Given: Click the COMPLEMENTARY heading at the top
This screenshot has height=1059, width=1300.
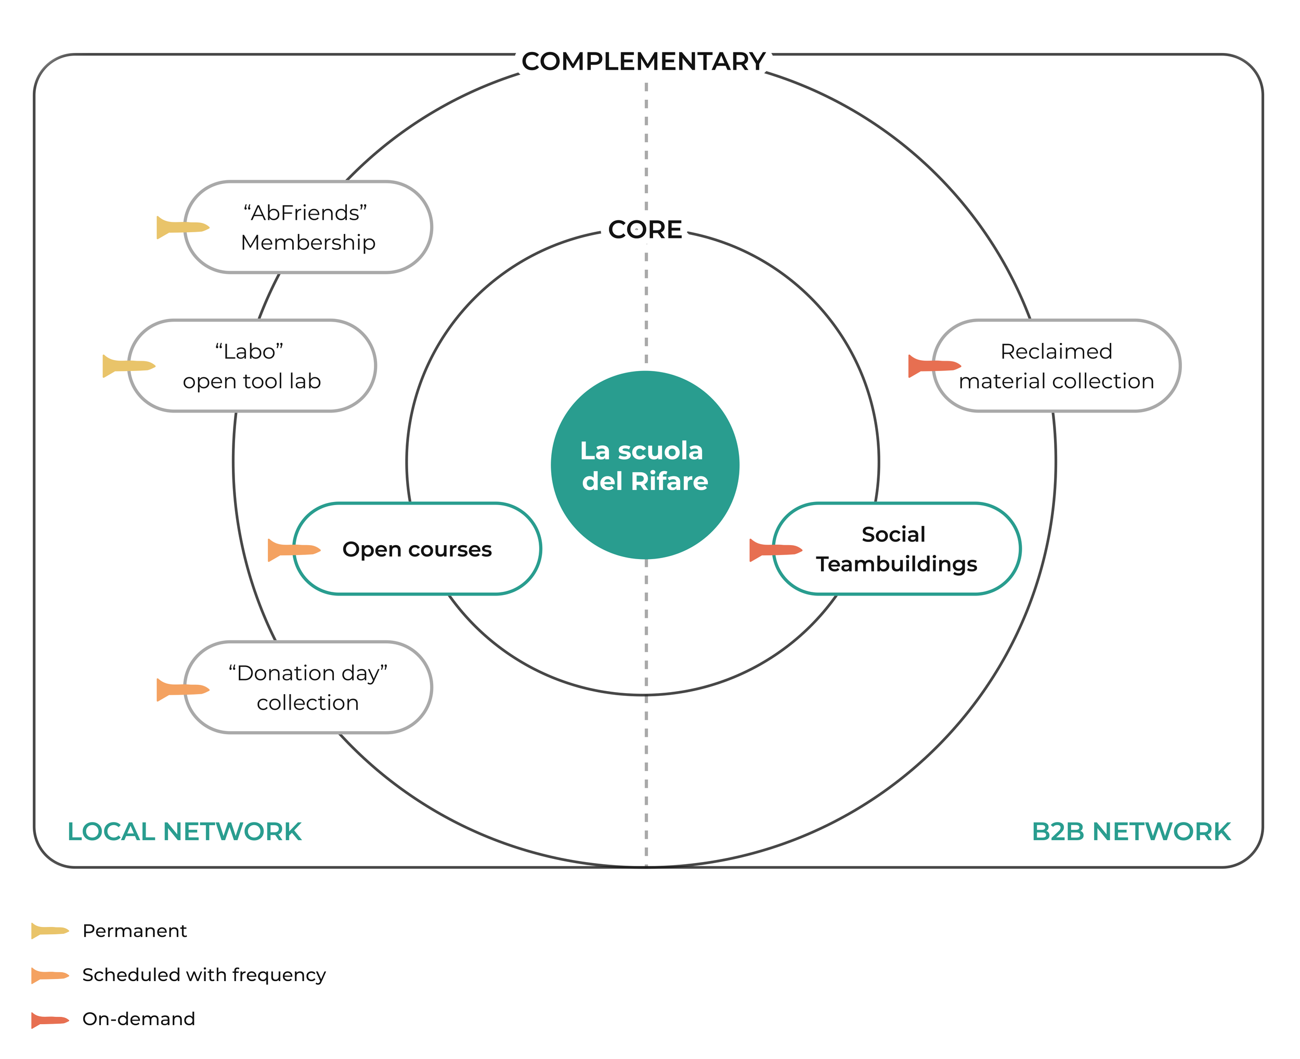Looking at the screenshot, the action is coord(643,62).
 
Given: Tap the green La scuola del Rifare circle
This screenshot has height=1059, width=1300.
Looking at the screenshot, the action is coord(645,465).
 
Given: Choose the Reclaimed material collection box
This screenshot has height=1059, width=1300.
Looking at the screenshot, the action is coord(1057,366).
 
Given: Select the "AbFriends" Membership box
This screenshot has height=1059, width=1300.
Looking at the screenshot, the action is coord(308,227).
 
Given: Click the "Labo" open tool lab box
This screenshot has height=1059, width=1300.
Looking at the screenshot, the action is coord(252,366).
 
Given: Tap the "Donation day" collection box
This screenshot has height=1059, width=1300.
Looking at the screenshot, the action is coord(308,687).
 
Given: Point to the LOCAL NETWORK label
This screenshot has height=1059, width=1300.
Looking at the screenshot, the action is coord(184,831).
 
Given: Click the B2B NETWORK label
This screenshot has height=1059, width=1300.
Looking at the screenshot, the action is coord(1131,831).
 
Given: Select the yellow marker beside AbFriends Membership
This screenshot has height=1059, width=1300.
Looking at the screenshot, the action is coord(183,228).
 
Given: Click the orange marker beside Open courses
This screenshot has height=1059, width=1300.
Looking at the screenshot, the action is coord(294,550).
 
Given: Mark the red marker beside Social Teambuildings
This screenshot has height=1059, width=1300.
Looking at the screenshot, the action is coord(776,550).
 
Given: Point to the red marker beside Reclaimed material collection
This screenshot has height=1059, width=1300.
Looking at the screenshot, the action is coord(934,366).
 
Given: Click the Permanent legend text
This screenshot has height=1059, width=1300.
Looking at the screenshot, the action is coord(134,931).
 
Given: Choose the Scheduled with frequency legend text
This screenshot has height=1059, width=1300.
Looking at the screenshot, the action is coord(204,975).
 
